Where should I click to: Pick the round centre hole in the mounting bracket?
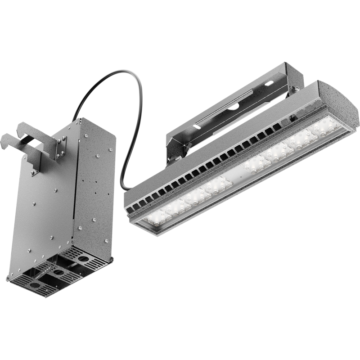click(x=234, y=107)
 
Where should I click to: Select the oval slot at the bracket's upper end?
click(x=269, y=83)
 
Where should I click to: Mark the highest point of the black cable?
click(x=121, y=71)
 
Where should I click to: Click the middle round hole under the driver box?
click(x=59, y=273)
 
